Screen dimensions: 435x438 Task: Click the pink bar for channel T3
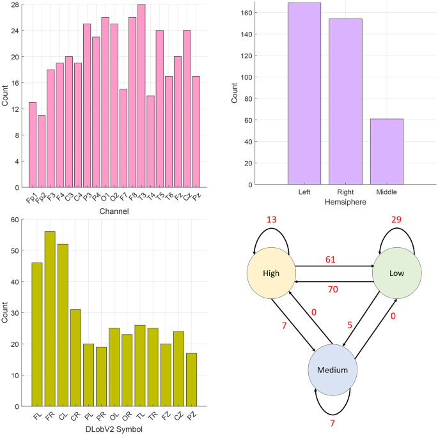point(141,96)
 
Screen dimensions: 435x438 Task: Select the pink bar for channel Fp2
point(42,151)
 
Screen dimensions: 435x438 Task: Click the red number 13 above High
point(271,220)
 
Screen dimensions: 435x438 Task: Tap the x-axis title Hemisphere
point(345,201)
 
